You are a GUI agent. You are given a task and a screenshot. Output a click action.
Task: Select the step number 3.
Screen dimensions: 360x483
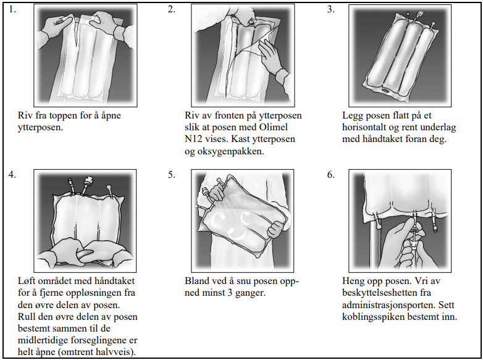pos(330,9)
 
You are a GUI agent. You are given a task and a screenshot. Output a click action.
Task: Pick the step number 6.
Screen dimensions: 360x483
pos(330,174)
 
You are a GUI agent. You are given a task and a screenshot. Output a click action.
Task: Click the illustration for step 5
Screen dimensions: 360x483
pos(240,219)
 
